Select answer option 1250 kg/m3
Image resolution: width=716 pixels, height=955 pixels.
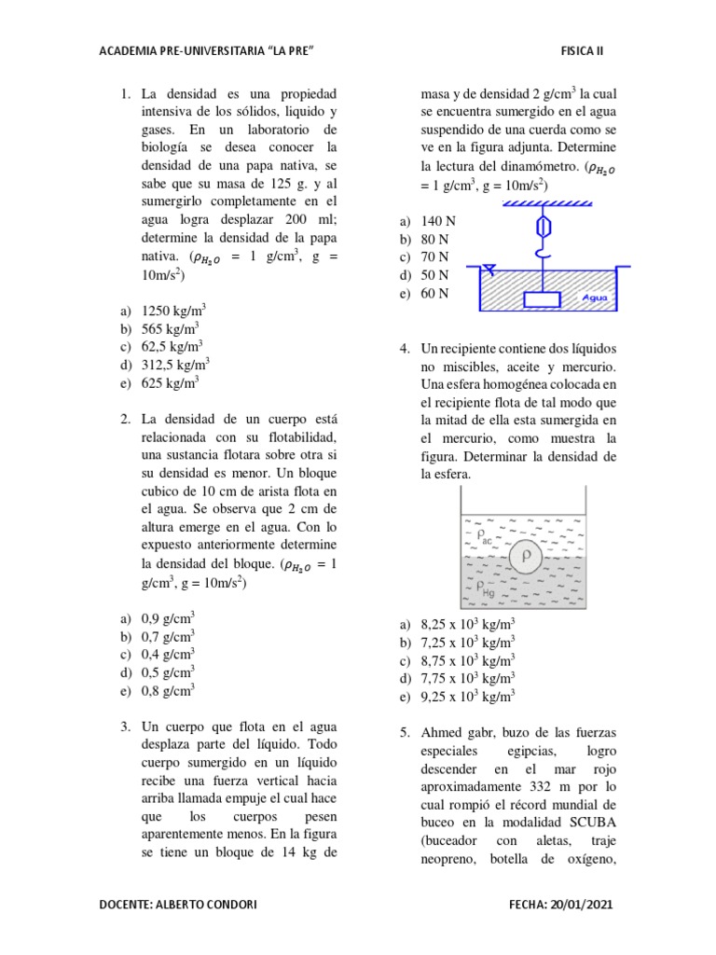tap(173, 311)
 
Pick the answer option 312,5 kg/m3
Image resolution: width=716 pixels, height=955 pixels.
tap(175, 365)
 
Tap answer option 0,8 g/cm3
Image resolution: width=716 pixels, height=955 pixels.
tap(168, 691)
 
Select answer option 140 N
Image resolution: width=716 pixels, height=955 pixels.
tap(437, 222)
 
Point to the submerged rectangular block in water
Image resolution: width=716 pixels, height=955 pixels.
tap(543, 300)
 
